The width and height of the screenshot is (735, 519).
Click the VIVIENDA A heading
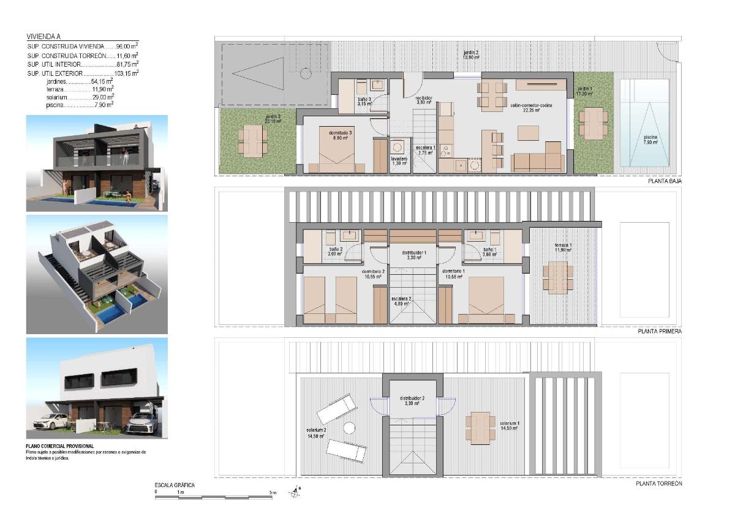pos(44,37)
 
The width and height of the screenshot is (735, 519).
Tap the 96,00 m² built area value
pos(127,46)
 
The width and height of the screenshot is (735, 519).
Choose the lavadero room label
pos(399,161)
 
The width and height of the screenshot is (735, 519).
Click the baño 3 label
pos(364,101)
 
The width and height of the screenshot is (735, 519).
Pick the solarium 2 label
pos(316,433)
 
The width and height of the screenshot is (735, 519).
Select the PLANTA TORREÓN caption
pos(659,484)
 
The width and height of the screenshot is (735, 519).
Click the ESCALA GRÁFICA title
pos(175,485)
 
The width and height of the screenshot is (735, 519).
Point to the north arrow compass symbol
pos(297,491)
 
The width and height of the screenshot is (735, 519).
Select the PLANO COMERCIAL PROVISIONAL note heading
pos(60,446)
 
